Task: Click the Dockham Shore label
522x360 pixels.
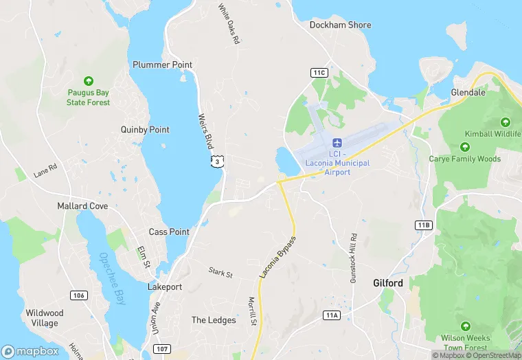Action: click(x=340, y=25)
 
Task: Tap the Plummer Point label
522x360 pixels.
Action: click(x=162, y=65)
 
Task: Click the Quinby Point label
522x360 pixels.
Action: click(x=145, y=129)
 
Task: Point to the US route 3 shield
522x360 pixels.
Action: click(x=216, y=161)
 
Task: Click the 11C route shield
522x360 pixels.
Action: click(x=319, y=72)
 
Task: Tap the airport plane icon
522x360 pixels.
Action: click(x=337, y=143)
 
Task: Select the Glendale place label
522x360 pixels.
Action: click(x=468, y=92)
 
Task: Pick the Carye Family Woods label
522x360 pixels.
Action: click(x=465, y=159)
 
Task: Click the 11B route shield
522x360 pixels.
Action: click(x=424, y=225)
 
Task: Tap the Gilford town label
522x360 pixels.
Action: click(x=388, y=283)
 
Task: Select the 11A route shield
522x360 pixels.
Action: click(x=332, y=315)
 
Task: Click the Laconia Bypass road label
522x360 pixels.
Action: click(x=278, y=257)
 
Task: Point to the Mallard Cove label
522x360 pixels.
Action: click(x=82, y=205)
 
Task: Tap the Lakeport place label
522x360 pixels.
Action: click(x=166, y=286)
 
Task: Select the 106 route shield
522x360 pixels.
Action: click(x=78, y=295)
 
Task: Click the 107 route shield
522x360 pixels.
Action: click(x=162, y=349)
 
